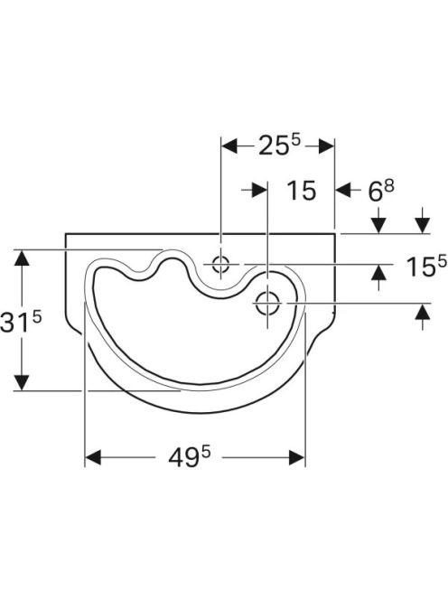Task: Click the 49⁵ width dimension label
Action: (x=190, y=457)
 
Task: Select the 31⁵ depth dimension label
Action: (x=20, y=321)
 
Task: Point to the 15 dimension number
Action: (x=302, y=190)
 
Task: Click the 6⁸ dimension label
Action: (x=380, y=190)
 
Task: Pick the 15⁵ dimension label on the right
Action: (x=426, y=266)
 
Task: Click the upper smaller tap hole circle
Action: (x=220, y=264)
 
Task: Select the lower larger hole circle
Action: (x=267, y=303)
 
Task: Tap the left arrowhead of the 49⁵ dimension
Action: (x=93, y=457)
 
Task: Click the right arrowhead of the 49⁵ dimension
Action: (x=297, y=457)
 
